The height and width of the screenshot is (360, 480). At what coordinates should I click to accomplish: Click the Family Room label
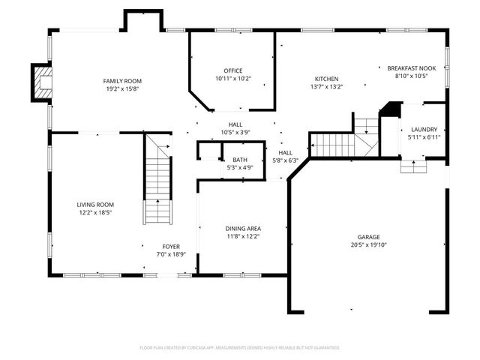pyautogui.click(x=122, y=81)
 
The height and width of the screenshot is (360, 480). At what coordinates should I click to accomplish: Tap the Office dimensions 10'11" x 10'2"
pyautogui.click(x=233, y=78)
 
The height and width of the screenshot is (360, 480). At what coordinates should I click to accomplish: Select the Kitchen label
pyautogui.click(x=327, y=79)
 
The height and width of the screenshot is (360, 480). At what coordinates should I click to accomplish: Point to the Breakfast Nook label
pyautogui.click(x=412, y=68)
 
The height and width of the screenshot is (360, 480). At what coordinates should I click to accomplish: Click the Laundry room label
pyautogui.click(x=424, y=130)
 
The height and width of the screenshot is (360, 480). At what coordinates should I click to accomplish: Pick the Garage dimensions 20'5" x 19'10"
pyautogui.click(x=369, y=244)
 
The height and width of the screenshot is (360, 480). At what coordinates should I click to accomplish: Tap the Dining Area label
pyautogui.click(x=243, y=229)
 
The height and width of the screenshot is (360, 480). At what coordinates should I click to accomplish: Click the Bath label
pyautogui.click(x=240, y=160)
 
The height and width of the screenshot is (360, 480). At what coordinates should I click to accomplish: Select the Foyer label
pyautogui.click(x=171, y=247)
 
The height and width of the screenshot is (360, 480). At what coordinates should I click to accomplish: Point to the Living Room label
pyautogui.click(x=95, y=205)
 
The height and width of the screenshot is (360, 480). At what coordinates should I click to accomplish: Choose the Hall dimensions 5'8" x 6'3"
pyautogui.click(x=285, y=160)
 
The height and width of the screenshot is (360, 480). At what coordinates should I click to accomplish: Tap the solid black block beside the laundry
pyautogui.click(x=391, y=109)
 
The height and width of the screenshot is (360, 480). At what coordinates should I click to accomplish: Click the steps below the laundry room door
pyautogui.click(x=413, y=167)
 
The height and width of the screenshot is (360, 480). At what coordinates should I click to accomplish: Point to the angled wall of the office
pyautogui.click(x=199, y=100)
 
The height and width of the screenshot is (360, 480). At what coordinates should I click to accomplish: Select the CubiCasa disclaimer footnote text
pyautogui.click(x=240, y=348)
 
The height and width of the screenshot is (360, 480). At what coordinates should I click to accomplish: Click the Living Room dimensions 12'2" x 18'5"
pyautogui.click(x=95, y=212)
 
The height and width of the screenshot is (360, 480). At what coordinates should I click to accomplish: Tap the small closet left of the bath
pyautogui.click(x=209, y=150)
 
